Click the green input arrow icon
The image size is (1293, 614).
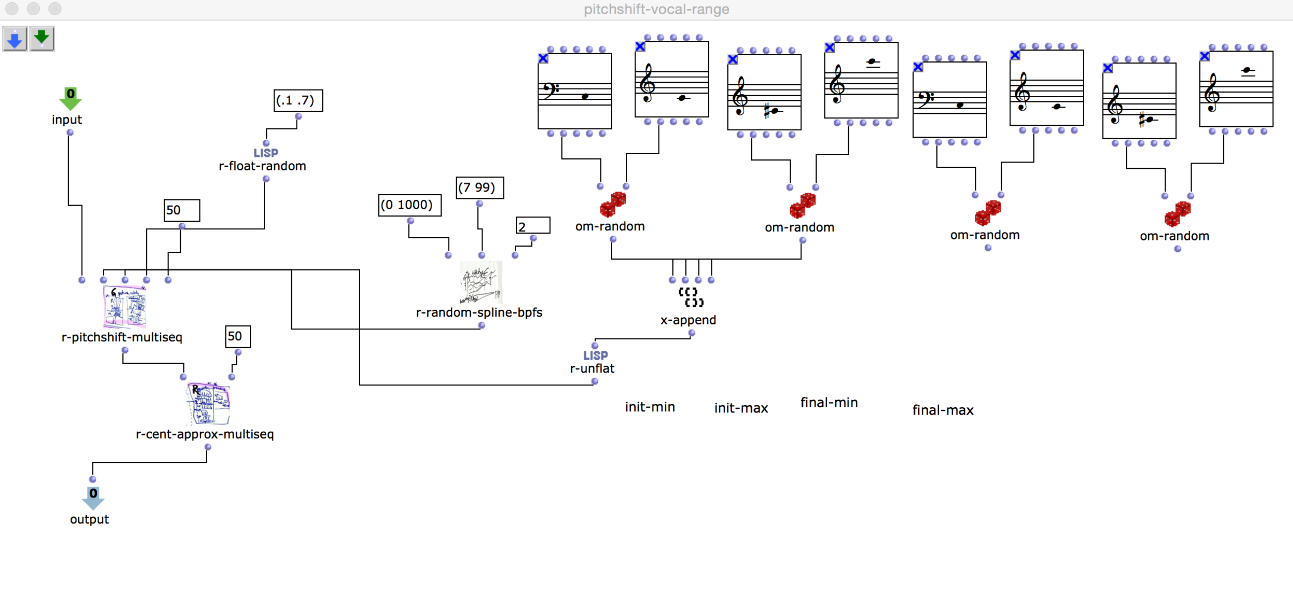[70, 99]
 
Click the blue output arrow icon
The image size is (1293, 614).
[93, 498]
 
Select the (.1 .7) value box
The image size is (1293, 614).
[298, 101]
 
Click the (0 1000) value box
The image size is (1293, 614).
[409, 205]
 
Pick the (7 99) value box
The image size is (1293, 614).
[479, 188]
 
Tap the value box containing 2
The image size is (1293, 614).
[532, 226]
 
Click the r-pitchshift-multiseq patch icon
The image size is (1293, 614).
[125, 306]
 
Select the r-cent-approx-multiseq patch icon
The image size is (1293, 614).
[208, 404]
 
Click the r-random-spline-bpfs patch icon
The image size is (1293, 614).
[481, 283]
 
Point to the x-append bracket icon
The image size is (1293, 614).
[691, 297]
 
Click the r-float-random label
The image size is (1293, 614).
[262, 166]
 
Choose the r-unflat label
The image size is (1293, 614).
[592, 369]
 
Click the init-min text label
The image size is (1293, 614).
[649, 407]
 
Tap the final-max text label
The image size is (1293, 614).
[942, 410]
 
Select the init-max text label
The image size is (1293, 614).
[740, 408]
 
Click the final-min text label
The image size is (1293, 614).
[829, 403]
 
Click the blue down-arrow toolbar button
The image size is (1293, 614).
[15, 39]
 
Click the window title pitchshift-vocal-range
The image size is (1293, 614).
[656, 9]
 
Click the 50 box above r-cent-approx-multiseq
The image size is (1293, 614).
[237, 336]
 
